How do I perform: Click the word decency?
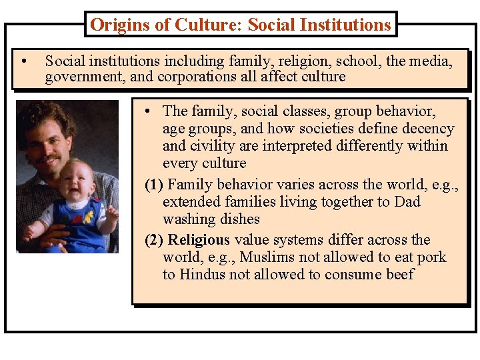(x=429, y=129)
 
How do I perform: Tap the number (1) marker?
(x=155, y=185)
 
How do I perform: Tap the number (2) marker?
(x=155, y=240)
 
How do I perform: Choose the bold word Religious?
(x=199, y=240)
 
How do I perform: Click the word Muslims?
(x=267, y=257)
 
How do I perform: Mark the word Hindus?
(x=204, y=275)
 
